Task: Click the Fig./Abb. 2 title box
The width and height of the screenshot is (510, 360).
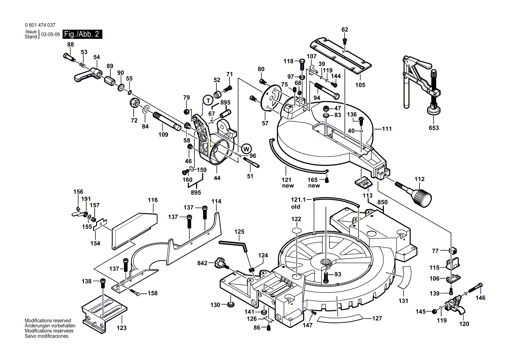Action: tap(83, 34)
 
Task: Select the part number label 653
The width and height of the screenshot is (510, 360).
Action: tap(433, 128)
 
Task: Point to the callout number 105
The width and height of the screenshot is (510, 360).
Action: tap(360, 85)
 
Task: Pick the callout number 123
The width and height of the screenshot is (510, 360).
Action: tap(121, 327)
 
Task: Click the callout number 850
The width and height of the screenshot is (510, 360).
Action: tap(382, 202)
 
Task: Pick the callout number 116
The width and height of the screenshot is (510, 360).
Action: tap(152, 200)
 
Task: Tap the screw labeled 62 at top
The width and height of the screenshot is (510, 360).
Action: tap(345, 41)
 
